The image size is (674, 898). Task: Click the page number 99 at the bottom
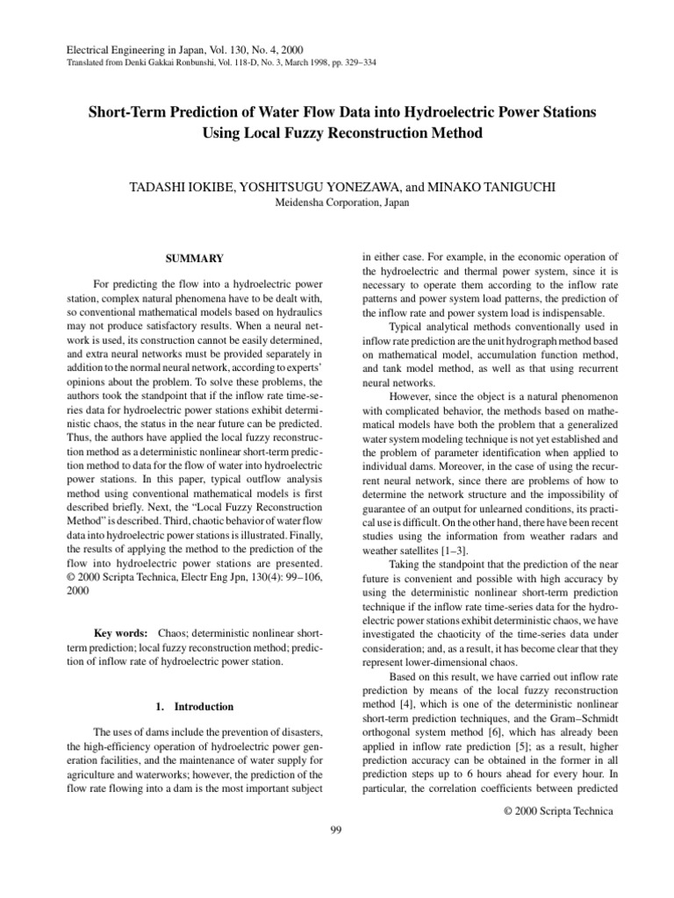[335, 831]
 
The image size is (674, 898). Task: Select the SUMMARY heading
[195, 259]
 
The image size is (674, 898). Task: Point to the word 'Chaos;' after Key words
[176, 632]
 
